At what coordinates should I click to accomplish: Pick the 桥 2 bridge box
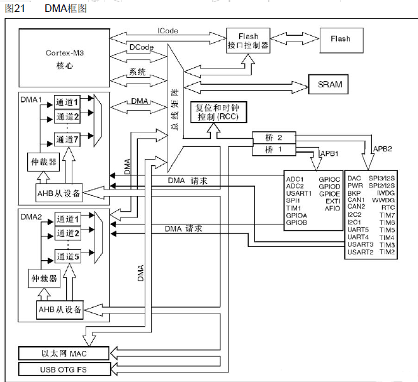pos(274,137)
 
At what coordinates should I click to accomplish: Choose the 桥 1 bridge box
pos(274,150)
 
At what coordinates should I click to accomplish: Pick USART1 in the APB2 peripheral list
pos(299,194)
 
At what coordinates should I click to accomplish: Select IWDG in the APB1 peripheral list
pos(386,194)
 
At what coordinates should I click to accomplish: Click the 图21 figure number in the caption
pos(14,9)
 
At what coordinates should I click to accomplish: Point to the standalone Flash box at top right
pos(340,38)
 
